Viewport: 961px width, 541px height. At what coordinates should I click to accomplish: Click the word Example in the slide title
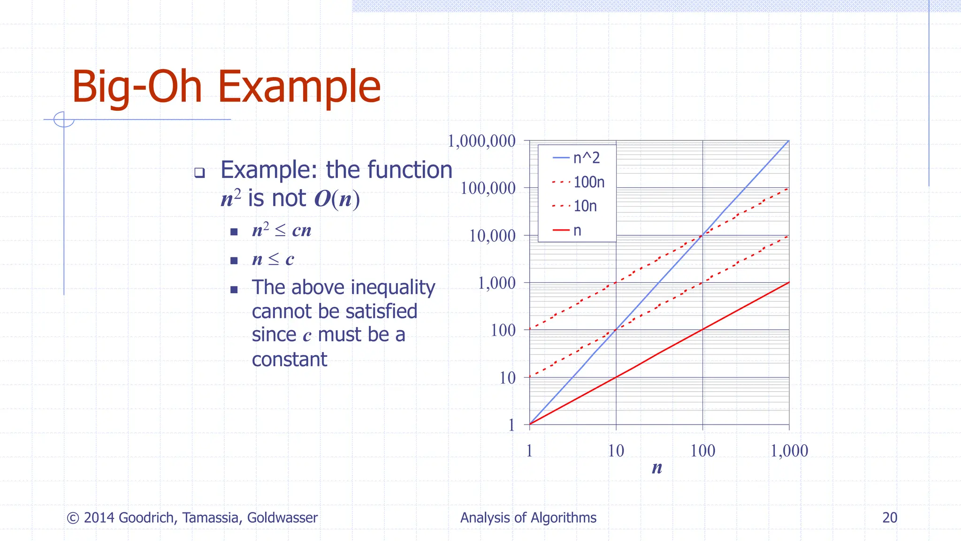[299, 87]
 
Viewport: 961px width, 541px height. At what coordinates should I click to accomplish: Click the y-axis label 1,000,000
[482, 141]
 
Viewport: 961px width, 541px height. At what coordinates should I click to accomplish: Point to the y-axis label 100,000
[488, 188]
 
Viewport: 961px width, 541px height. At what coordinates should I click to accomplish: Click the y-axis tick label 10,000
[492, 236]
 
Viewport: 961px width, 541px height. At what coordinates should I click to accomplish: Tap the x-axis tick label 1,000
[789, 451]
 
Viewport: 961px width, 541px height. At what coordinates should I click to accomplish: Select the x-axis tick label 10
[616, 451]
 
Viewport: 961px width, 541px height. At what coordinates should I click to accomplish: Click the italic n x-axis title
[657, 468]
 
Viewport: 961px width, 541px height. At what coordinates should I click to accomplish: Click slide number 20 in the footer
[890, 518]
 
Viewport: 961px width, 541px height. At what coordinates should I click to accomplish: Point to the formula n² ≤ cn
[282, 230]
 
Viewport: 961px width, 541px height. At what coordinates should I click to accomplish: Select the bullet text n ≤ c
[273, 259]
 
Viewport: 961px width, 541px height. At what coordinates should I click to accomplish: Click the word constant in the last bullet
[289, 360]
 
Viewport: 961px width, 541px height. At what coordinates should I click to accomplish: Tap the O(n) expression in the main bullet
[337, 199]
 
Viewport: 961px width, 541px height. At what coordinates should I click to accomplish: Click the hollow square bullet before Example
[199, 172]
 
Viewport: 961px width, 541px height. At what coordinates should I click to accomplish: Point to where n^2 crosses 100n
[702, 235]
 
